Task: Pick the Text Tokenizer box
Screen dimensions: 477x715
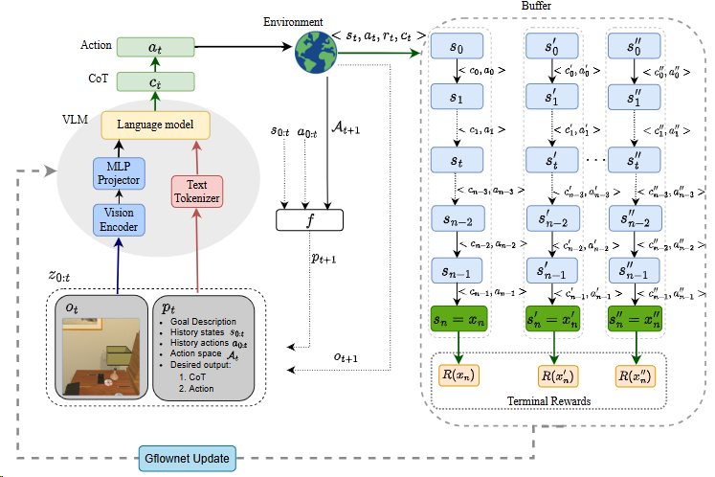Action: (195, 192)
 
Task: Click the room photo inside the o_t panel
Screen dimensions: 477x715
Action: (101, 357)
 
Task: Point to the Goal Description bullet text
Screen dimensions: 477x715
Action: (204, 323)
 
